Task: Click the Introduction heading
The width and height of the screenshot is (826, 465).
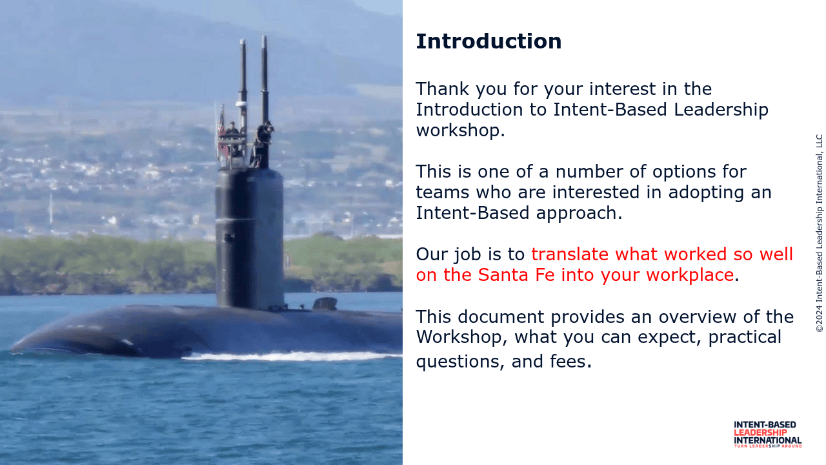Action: (x=489, y=41)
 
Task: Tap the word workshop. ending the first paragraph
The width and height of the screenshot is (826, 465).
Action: (x=460, y=130)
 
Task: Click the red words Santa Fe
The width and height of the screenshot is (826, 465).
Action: (x=516, y=275)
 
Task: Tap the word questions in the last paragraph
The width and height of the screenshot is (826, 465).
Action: (x=460, y=362)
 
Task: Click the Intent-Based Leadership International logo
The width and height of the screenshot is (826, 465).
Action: (x=767, y=435)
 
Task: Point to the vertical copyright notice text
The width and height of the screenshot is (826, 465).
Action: (x=819, y=233)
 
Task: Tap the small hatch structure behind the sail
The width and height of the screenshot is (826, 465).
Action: (x=325, y=304)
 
